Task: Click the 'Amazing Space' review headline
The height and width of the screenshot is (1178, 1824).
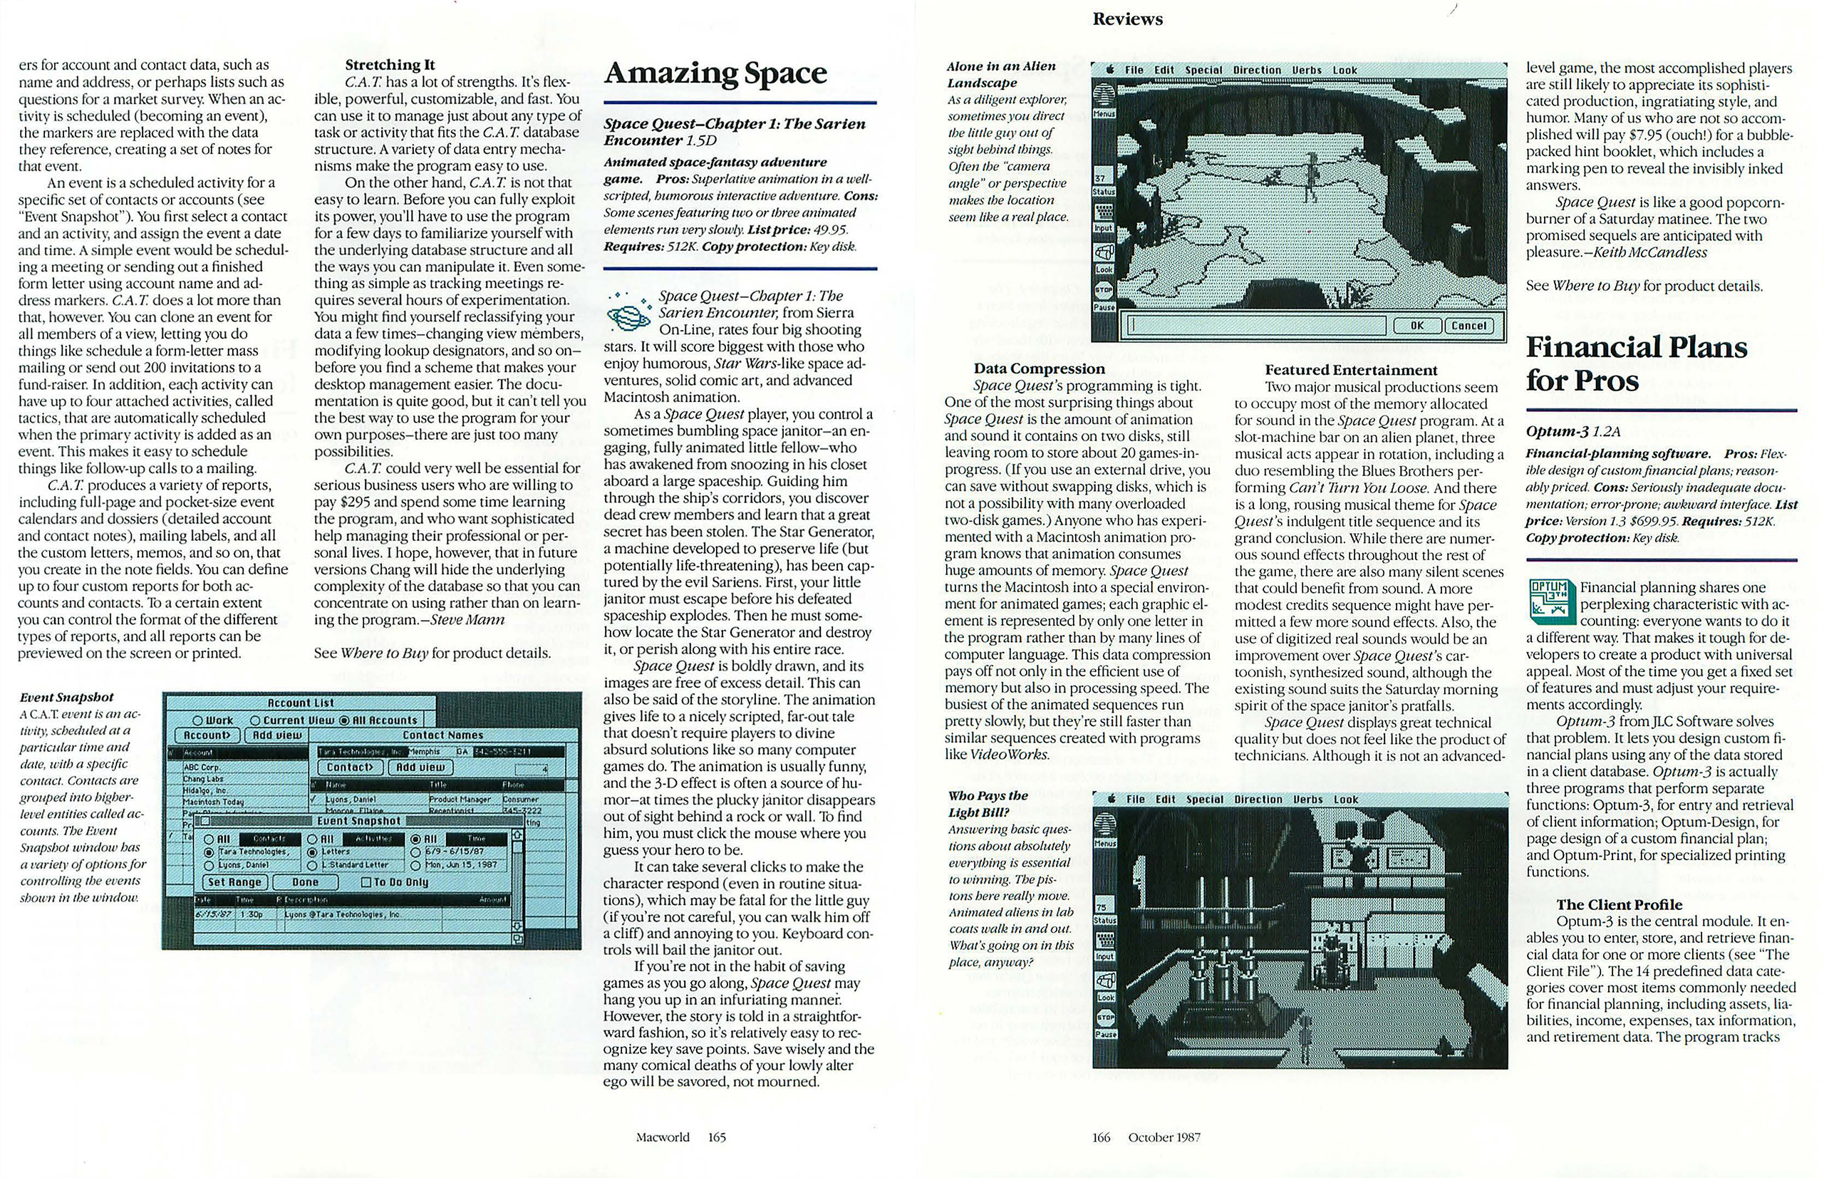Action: click(715, 73)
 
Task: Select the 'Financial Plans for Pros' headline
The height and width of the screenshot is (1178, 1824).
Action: click(1636, 364)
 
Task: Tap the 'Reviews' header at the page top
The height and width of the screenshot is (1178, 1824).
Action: click(1127, 19)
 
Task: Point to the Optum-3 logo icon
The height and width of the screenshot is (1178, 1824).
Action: click(1550, 599)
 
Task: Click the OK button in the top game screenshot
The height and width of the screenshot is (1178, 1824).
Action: click(1416, 326)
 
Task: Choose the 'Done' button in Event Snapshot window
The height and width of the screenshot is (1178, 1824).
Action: click(305, 882)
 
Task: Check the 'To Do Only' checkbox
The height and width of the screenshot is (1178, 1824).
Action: click(366, 882)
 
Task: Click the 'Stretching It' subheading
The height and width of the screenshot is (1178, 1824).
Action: click(389, 65)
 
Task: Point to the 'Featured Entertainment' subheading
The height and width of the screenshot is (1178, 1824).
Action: click(1351, 371)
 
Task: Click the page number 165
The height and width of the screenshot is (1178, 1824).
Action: click(717, 1137)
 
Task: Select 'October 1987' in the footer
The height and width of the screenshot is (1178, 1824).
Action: click(1164, 1137)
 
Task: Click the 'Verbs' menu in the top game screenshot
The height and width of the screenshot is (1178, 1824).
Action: click(1306, 71)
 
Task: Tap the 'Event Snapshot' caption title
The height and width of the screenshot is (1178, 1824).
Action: click(66, 698)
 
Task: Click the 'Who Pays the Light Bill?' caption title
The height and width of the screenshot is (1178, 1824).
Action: click(988, 804)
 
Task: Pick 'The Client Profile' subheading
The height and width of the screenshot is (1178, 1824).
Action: click(1619, 904)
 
